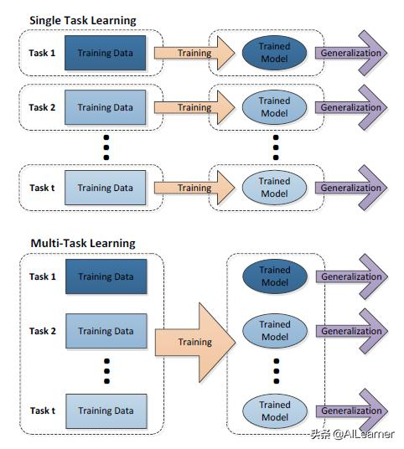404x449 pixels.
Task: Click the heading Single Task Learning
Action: pyautogui.click(x=82, y=19)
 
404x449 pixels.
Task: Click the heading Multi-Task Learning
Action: pyautogui.click(x=82, y=243)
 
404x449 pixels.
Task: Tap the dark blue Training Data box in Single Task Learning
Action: pyautogui.click(x=106, y=54)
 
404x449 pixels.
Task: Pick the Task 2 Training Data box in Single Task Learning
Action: pyautogui.click(x=106, y=107)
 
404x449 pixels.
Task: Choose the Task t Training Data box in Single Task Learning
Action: pyautogui.click(x=106, y=188)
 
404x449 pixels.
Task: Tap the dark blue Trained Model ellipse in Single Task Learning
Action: pyautogui.click(x=274, y=54)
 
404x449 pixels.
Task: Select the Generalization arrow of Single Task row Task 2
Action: pyautogui.click(x=351, y=107)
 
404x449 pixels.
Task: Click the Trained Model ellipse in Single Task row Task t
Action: pyautogui.click(x=274, y=188)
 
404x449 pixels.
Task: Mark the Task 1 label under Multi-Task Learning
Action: pyautogui.click(x=43, y=276)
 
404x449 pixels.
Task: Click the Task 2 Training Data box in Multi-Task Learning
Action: pyautogui.click(x=106, y=331)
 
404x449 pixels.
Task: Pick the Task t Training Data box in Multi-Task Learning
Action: pyautogui.click(x=106, y=410)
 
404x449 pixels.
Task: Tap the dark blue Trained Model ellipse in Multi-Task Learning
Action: pyautogui.click(x=274, y=276)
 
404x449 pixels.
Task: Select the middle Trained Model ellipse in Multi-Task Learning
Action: pyautogui.click(x=274, y=331)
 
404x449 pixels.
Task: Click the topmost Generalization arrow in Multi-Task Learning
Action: pyautogui.click(x=351, y=276)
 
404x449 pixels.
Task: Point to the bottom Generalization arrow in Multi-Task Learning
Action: pyautogui.click(x=351, y=410)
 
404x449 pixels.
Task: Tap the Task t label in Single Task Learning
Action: pyautogui.click(x=43, y=188)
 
